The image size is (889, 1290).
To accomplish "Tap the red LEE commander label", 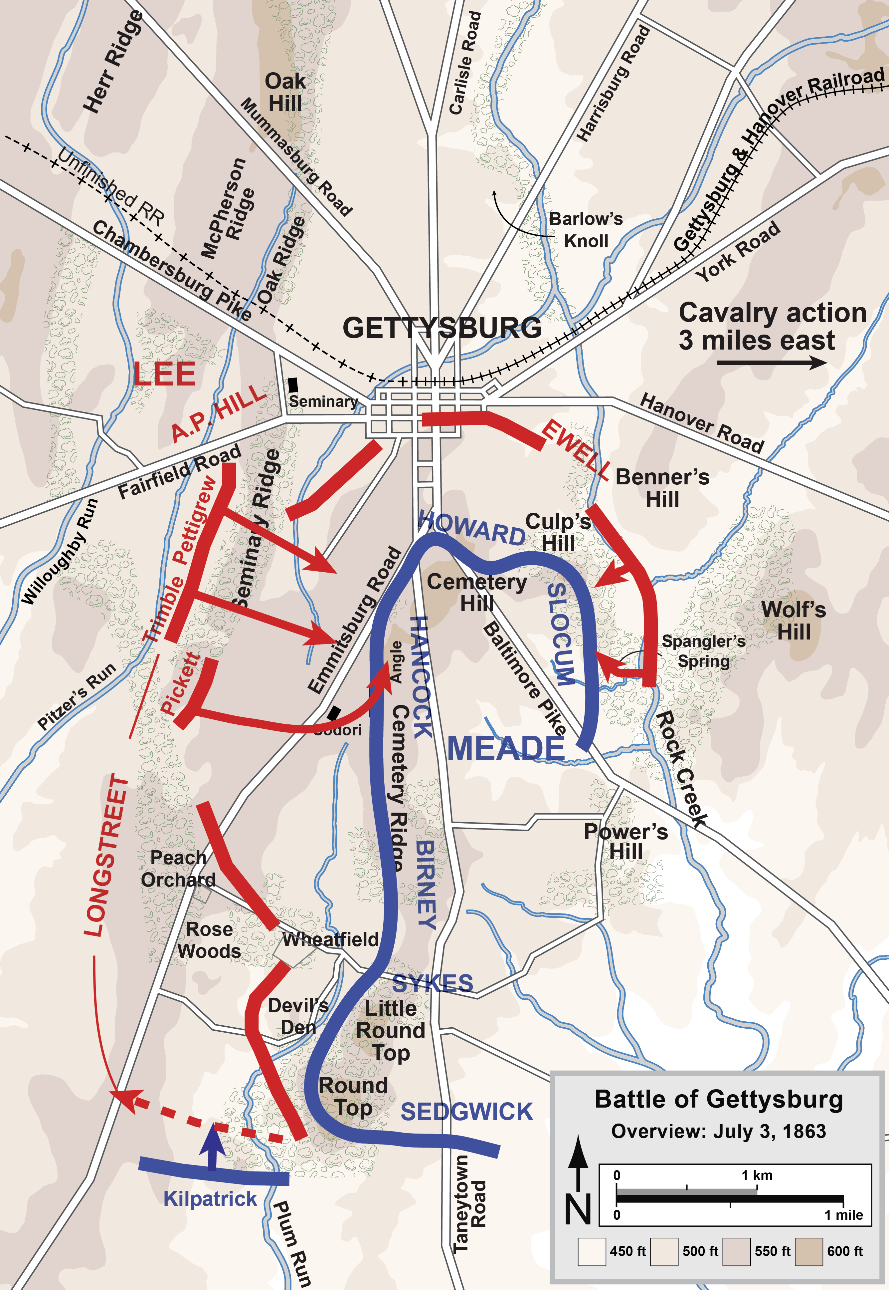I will point(164,374).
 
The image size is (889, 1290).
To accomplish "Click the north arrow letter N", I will point(578,1209).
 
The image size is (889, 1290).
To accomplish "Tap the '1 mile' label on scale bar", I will point(843,1215).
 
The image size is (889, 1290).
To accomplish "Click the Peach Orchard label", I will point(178,868).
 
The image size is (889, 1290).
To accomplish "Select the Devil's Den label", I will point(298,1016).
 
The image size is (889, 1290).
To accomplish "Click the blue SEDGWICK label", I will point(467,1112).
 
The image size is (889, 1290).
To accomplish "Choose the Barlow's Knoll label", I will point(586,230).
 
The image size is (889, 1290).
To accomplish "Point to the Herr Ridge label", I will point(113,61).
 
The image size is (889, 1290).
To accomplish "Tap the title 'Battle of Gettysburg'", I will point(719,1100).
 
